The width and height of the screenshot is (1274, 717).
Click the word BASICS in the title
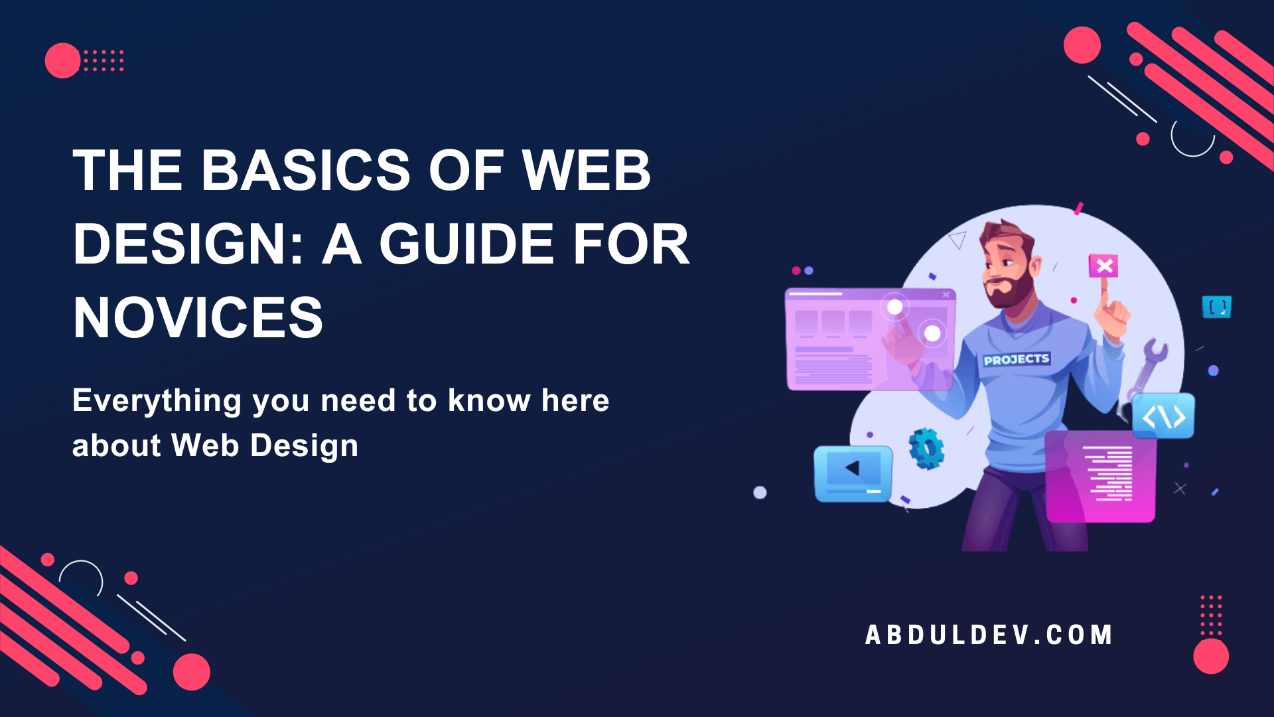(306, 170)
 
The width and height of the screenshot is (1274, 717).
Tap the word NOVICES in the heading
(198, 318)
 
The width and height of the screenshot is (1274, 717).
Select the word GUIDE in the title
(466, 244)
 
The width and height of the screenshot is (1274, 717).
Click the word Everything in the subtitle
(157, 401)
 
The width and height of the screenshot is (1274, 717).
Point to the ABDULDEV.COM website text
(989, 635)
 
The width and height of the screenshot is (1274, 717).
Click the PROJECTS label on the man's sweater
(1016, 359)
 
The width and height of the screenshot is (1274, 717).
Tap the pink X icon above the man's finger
(1103, 266)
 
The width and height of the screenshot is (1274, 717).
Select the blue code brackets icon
(1163, 416)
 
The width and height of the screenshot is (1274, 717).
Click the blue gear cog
(926, 449)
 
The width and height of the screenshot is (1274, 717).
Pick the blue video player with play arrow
(853, 473)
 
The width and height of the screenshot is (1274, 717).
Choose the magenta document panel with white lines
(1101, 476)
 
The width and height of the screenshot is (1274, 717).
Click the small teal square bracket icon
(1216, 307)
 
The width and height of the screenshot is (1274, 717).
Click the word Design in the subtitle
(305, 445)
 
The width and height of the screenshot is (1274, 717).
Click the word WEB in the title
(586, 170)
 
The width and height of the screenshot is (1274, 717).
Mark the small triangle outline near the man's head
(957, 240)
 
